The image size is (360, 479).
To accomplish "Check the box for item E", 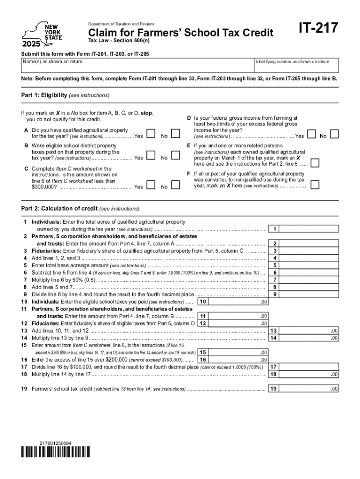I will pos(316,162).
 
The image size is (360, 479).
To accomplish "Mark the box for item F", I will pos(316,184).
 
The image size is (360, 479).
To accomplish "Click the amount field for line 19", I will pos(310,389).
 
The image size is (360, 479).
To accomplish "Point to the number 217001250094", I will pos(56,443).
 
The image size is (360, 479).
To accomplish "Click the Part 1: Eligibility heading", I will pos(65,95).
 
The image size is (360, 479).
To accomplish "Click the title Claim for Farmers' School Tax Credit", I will pos(178,33).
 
